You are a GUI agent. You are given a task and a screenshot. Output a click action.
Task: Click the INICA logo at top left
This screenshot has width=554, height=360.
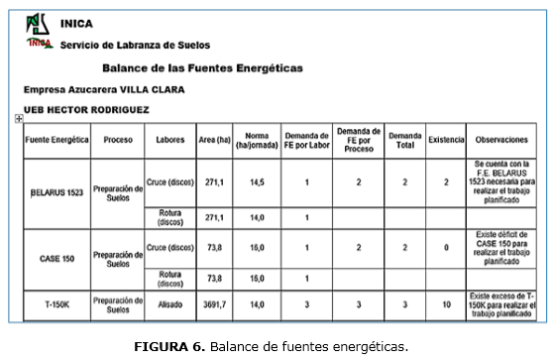(39, 33)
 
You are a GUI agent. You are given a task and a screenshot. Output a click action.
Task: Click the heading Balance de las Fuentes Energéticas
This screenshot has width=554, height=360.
(202, 68)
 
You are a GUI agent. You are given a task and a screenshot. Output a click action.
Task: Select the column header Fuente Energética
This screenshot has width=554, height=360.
(56, 140)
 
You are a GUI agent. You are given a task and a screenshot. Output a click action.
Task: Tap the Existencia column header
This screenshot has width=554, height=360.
(446, 140)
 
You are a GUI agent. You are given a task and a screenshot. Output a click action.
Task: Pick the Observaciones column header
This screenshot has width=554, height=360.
(504, 140)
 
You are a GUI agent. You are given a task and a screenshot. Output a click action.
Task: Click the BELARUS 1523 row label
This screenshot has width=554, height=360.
(56, 192)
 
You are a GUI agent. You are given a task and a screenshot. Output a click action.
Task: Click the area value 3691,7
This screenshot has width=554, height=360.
(214, 305)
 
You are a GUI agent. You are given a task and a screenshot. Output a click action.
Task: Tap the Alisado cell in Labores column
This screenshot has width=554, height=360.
(170, 305)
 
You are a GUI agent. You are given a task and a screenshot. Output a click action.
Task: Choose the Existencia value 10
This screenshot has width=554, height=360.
(446, 305)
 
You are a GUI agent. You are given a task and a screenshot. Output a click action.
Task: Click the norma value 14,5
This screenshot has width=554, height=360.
(257, 182)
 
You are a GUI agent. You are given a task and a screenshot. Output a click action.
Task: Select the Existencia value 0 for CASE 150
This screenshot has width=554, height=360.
(446, 247)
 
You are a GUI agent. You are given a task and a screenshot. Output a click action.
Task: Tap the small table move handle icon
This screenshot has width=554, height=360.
(19, 119)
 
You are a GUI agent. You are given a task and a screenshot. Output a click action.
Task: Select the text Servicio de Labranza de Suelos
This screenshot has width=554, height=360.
(135, 46)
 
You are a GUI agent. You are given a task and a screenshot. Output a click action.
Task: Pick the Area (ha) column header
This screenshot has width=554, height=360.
(214, 140)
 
